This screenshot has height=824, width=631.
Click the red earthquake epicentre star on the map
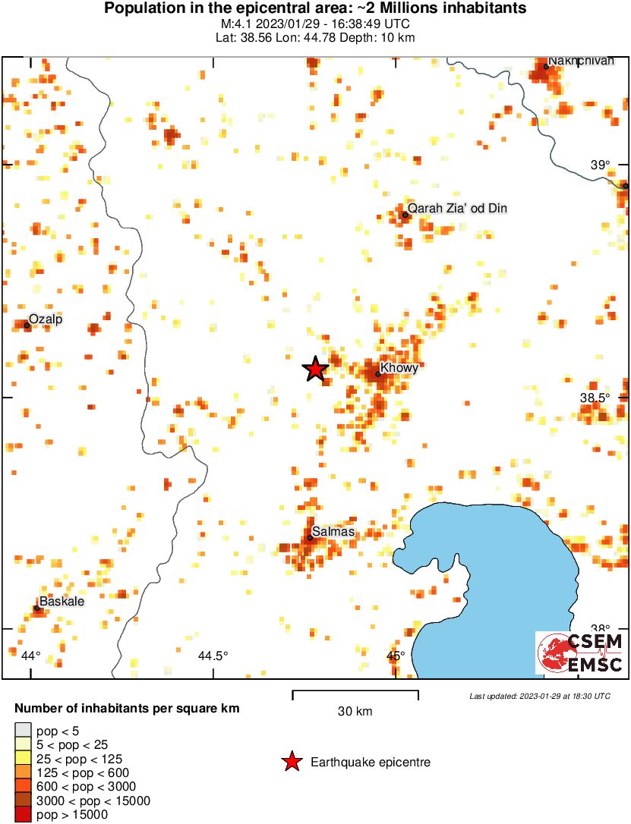315,370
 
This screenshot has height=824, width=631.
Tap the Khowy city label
399,368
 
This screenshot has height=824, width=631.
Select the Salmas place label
333,532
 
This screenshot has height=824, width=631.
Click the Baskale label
62,602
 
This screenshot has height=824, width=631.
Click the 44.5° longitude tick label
213,656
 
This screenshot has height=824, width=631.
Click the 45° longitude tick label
396,656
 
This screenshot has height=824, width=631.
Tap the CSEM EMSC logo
580,653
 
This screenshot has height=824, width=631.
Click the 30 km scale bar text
355,711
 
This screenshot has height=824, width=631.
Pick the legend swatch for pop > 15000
23,815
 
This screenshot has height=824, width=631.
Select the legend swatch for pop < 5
23,731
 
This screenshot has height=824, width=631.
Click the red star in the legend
291,762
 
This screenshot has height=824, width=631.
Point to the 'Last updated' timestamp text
539,696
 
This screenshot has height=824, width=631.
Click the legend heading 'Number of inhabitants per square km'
128,709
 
